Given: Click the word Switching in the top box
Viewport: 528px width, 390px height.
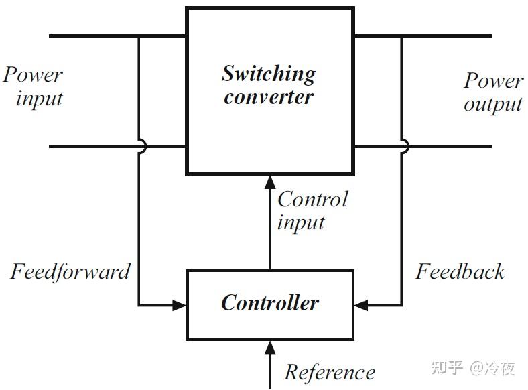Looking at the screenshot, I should (x=269, y=74).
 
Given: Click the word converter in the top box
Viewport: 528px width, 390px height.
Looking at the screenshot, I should (x=269, y=97).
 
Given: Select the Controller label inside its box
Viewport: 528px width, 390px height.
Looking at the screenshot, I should (x=270, y=303).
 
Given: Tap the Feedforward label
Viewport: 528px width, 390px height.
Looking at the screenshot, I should (x=70, y=272).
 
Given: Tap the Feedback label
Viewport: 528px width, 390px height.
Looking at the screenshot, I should (x=460, y=271).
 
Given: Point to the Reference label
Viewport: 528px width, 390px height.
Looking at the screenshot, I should (x=330, y=372).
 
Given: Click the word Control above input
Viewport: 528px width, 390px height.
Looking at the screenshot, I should (x=312, y=199).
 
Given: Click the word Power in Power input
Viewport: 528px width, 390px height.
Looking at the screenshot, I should (x=33, y=74).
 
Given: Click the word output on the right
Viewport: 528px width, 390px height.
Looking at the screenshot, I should (x=492, y=105).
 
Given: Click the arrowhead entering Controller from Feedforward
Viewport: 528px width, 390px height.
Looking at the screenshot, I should (x=179, y=305).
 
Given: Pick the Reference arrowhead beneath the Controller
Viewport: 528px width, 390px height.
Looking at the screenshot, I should (x=270, y=346).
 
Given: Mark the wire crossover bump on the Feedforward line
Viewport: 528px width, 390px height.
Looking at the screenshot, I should (x=140, y=147).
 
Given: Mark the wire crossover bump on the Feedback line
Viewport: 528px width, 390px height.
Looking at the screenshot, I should (x=403, y=147).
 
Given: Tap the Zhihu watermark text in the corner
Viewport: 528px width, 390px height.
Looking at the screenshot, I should (x=473, y=367).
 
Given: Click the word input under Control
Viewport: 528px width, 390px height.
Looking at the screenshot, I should (x=301, y=222).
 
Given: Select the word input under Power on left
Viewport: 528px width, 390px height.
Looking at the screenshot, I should (x=40, y=99).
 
